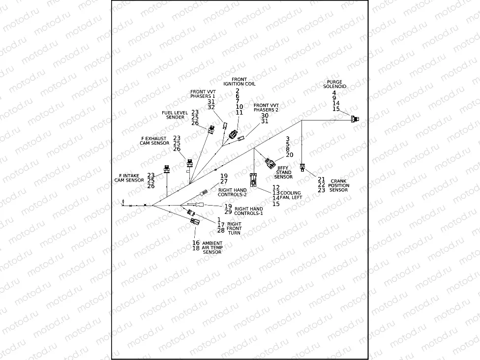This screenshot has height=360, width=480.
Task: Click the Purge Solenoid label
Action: click(x=335, y=84)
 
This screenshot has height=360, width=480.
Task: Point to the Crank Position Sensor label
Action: click(x=339, y=185)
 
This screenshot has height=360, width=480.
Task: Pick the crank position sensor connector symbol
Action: click(x=303, y=168)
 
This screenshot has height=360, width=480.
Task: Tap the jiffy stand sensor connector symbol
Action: click(x=270, y=163)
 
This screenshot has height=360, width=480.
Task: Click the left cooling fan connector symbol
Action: click(x=253, y=180)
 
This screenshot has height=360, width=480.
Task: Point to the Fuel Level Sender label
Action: click(x=175, y=115)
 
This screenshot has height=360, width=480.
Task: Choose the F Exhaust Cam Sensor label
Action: click(x=155, y=141)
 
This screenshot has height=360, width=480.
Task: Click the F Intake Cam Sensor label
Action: click(x=129, y=178)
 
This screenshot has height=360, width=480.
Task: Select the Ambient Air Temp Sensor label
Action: click(x=212, y=247)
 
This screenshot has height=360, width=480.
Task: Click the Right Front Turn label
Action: click(x=235, y=228)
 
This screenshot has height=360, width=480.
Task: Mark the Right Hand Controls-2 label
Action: click(x=233, y=192)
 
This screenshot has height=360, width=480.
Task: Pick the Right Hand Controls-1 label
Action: click(x=248, y=211)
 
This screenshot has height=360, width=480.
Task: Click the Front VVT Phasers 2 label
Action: click(x=266, y=107)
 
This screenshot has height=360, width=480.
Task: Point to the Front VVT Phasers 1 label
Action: click(x=203, y=93)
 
